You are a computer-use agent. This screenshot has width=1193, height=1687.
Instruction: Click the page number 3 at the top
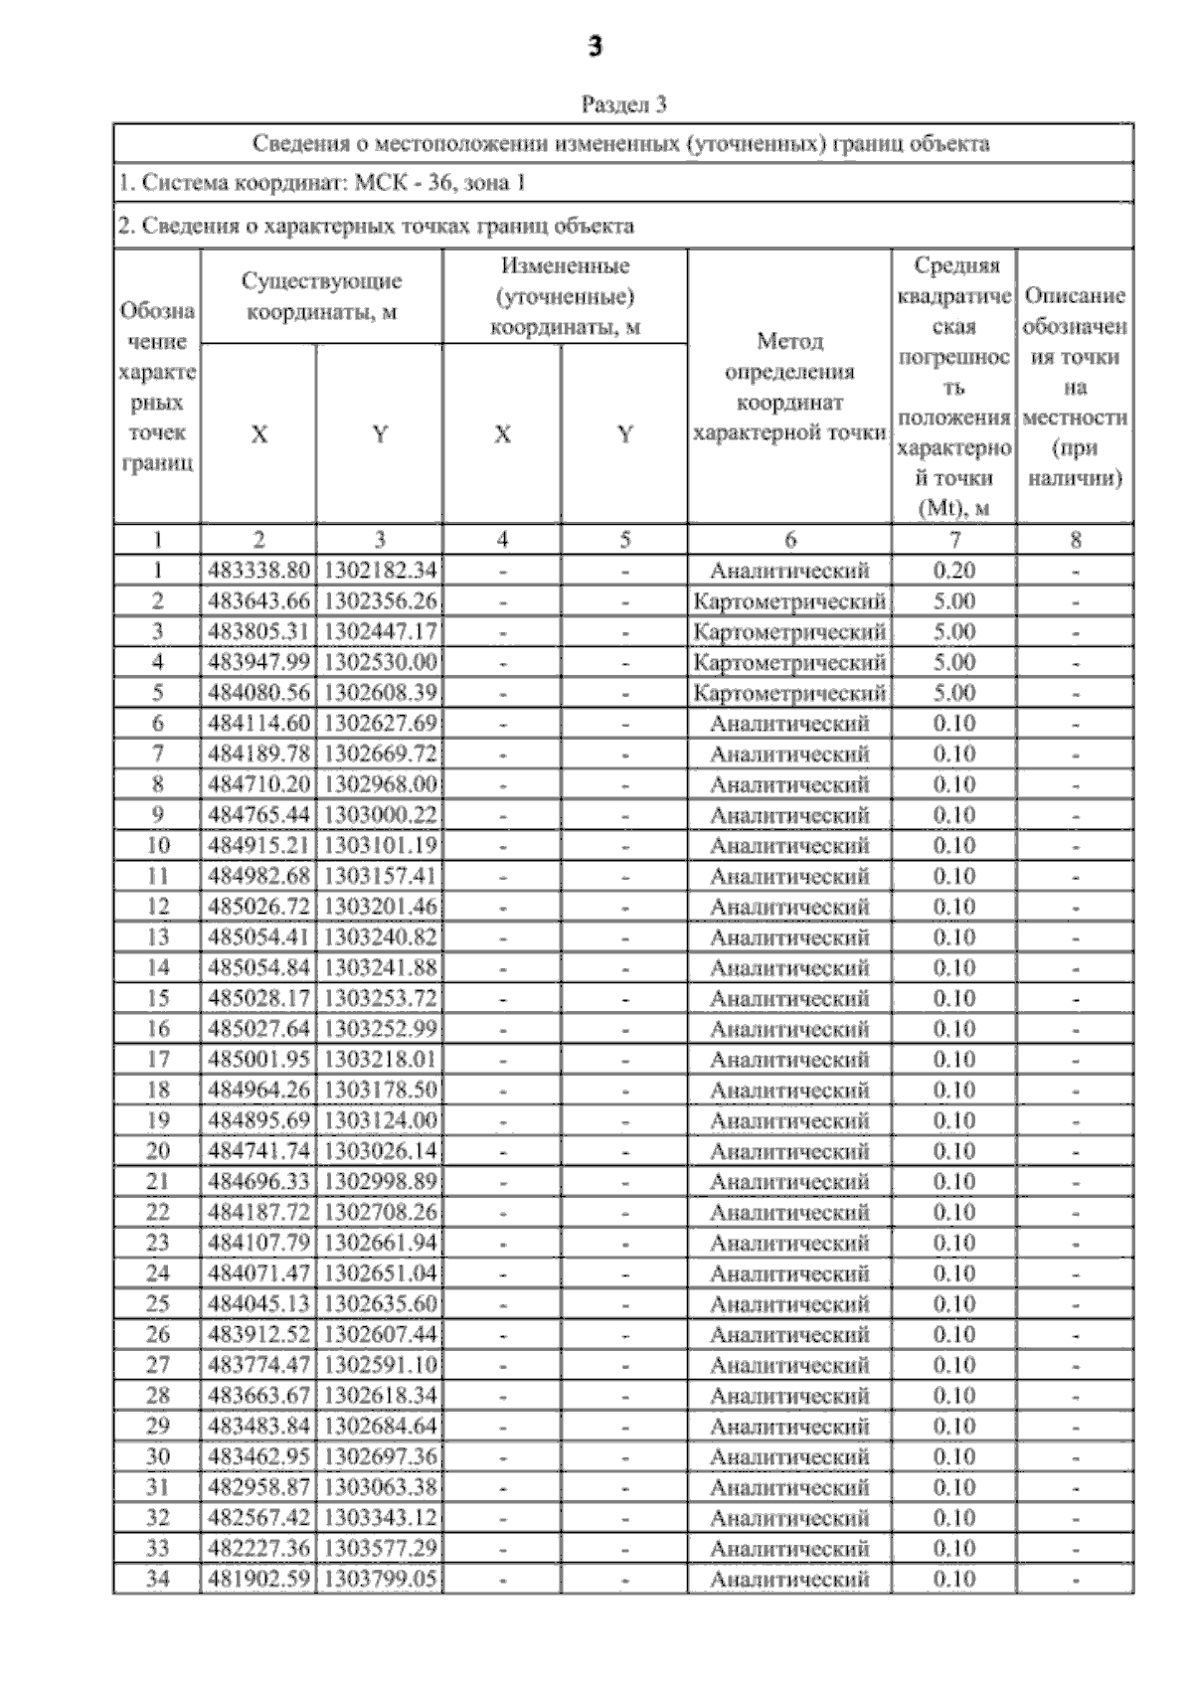tap(595, 47)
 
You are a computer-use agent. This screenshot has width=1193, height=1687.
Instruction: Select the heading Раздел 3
tap(623, 104)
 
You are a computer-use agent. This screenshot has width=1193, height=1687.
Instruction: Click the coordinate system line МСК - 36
tap(321, 183)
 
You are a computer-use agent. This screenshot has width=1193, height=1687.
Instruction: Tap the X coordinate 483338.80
tap(258, 571)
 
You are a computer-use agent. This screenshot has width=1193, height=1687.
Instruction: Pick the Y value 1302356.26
tap(380, 601)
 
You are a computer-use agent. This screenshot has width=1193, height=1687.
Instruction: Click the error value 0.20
tap(953, 571)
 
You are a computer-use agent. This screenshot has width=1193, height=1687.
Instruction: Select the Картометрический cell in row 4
tap(789, 662)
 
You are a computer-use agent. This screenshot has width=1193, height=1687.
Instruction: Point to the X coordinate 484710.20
tap(258, 784)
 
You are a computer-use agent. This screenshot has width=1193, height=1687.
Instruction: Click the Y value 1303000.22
tap(380, 815)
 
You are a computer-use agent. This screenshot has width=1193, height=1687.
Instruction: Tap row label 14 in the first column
tap(157, 967)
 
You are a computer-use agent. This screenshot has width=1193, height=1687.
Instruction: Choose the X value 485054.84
tap(258, 967)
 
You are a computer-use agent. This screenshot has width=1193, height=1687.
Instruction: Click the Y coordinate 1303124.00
tap(380, 1120)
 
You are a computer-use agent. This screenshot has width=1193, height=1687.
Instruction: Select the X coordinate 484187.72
tap(258, 1212)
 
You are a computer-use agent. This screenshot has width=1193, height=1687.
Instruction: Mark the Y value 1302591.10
tap(380, 1365)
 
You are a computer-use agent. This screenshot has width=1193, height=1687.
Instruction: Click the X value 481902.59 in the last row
tap(258, 1579)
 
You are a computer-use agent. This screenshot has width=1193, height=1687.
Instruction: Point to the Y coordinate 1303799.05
tap(380, 1579)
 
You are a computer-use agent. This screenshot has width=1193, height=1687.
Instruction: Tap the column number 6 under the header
tap(789, 540)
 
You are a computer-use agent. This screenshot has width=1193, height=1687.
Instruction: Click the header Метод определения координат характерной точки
tap(789, 387)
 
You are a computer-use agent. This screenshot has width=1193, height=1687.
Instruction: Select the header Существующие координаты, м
tap(321, 296)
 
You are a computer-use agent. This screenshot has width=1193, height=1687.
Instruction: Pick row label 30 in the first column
tap(157, 1456)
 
